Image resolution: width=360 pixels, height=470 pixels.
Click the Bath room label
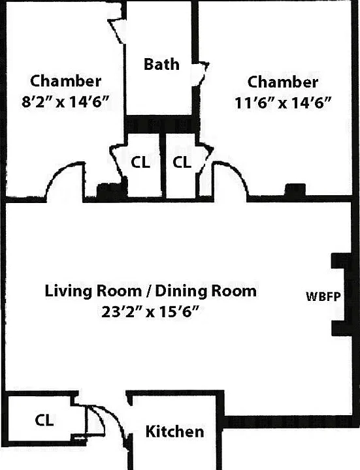(161, 64)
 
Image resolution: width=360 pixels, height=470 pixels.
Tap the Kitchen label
(174, 431)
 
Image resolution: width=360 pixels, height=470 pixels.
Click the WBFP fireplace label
(323, 297)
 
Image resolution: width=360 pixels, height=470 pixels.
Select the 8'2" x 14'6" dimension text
(65, 102)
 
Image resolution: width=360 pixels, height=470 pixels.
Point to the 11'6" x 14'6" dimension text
(283, 103)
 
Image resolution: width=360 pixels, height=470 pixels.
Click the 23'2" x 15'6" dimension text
(150, 312)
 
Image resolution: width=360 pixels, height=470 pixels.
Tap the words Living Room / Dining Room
(151, 291)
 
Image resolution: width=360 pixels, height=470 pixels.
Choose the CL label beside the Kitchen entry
(44, 420)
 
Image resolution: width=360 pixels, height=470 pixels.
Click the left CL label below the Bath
(140, 163)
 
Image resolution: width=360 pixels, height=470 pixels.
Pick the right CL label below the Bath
(182, 163)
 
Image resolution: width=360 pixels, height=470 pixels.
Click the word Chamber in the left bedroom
(66, 81)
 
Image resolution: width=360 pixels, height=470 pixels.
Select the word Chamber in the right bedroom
(283, 82)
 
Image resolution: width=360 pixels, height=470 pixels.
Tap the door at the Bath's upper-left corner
(118, 31)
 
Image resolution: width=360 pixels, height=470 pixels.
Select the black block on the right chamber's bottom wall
(295, 190)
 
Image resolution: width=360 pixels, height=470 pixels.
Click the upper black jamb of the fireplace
(338, 260)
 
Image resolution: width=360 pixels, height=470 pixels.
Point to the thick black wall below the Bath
(162, 125)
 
